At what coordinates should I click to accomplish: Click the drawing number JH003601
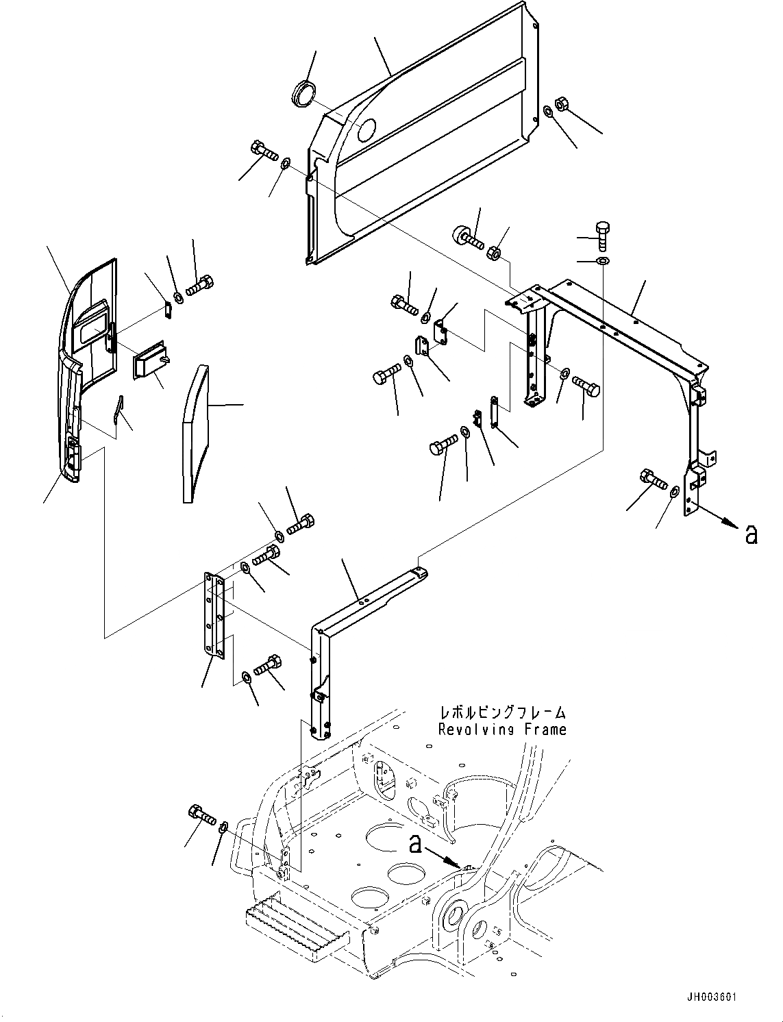click(710, 998)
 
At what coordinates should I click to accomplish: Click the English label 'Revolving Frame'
click(502, 730)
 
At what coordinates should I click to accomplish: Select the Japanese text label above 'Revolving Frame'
click(502, 713)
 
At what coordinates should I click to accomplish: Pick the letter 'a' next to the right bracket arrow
click(751, 535)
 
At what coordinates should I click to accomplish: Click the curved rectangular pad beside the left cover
click(195, 434)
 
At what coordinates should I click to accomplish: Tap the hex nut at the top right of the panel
click(559, 104)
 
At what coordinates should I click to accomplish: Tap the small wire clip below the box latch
click(119, 412)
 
